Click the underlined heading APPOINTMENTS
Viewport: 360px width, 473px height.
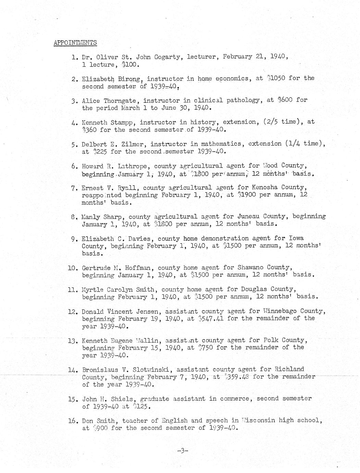point(75,43)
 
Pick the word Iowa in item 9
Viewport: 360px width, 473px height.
point(296,238)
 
